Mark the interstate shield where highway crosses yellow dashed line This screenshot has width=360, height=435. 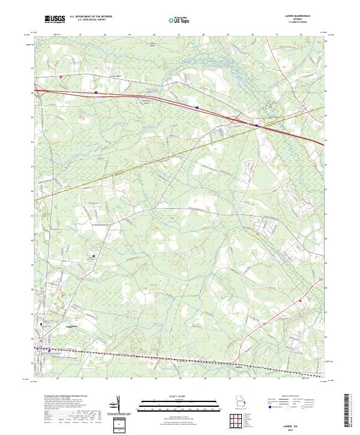256,126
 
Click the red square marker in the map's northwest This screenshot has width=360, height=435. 61,77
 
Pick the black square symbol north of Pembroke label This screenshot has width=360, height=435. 93,256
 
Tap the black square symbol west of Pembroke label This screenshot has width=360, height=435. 41,324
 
